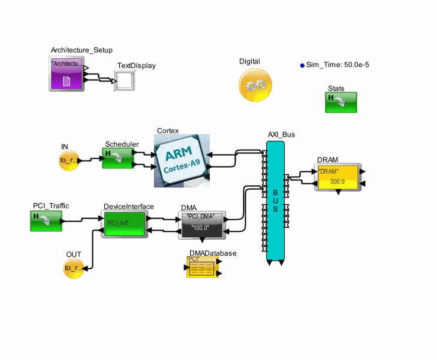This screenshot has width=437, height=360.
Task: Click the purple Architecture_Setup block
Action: pos(66,74)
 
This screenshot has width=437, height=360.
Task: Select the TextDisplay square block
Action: pos(125,81)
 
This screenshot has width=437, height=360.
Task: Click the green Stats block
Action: pos(341,102)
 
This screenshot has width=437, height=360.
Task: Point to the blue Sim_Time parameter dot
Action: pos(302,65)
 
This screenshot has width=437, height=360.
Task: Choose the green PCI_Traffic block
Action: pos(46,221)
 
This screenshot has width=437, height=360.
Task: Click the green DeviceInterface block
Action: pos(125,224)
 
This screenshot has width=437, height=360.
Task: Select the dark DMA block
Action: pos(201,225)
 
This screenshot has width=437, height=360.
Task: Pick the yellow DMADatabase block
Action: pos(204,267)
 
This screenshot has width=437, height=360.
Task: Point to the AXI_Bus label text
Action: pos(281,135)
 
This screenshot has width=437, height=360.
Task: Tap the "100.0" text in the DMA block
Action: pos(201,228)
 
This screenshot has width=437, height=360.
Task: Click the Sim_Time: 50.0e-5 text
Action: pos(341,65)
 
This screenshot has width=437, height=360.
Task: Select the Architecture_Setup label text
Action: pos(82,50)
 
